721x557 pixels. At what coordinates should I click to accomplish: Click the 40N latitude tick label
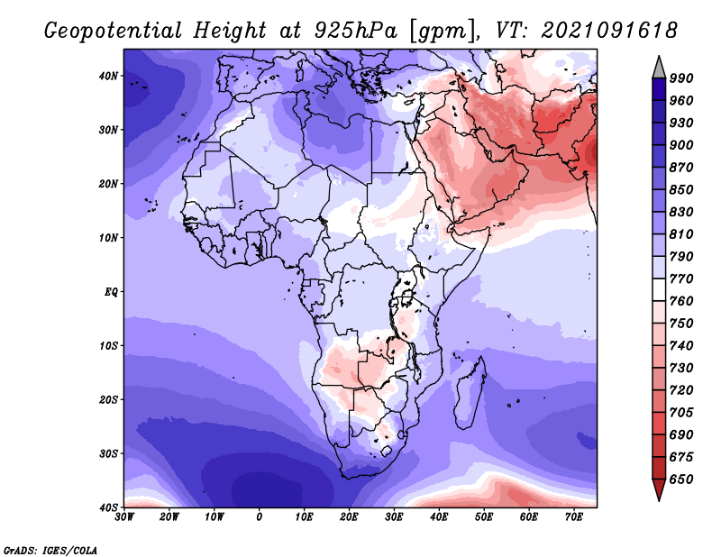[x=108, y=76]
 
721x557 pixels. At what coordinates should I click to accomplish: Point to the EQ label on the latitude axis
[x=111, y=292]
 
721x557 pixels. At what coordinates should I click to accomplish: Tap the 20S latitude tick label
[x=108, y=399]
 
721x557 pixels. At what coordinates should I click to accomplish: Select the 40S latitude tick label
[x=108, y=507]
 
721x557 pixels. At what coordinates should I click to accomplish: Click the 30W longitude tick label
[x=124, y=517]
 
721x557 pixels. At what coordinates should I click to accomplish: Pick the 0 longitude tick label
[x=260, y=517]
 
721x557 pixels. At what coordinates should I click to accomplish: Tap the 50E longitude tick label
[x=484, y=517]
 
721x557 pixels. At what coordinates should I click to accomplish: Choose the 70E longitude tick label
[x=574, y=517]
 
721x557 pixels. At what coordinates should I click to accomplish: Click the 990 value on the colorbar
[x=681, y=78]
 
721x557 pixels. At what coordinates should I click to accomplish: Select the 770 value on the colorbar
[x=681, y=279]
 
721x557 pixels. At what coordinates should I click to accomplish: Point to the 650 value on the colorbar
[x=681, y=479]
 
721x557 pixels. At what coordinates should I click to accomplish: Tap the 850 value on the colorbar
[x=681, y=190]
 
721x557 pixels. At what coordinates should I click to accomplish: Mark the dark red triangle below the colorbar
[x=659, y=488]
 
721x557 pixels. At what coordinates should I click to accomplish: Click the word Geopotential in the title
[x=114, y=32]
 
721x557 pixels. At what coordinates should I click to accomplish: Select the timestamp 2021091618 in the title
[x=609, y=31]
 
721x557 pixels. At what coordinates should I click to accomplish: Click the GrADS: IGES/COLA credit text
[x=50, y=551]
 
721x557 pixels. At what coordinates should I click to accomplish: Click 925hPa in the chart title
[x=355, y=31]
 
